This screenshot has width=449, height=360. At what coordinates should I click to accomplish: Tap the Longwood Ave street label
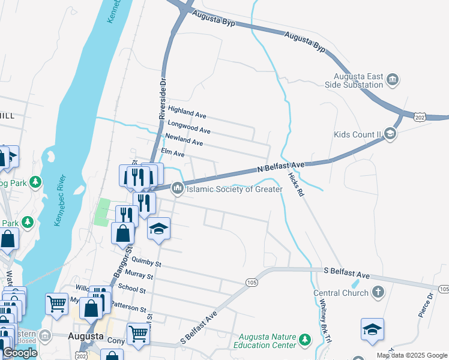188,127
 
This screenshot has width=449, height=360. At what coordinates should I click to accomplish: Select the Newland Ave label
184,141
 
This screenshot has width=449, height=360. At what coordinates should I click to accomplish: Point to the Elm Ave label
172,153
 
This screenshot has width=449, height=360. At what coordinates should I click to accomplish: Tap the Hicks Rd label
297,184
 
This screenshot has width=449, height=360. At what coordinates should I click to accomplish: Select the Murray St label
141,277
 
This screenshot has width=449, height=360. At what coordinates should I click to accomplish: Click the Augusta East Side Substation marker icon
393,79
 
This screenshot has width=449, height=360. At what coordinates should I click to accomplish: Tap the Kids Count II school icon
390,134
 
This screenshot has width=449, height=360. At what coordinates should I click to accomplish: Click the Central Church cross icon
378,293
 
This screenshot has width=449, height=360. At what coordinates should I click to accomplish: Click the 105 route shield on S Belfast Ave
252,282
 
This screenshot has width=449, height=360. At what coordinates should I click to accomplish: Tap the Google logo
19,353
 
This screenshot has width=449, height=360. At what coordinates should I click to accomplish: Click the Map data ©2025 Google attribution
412,355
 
